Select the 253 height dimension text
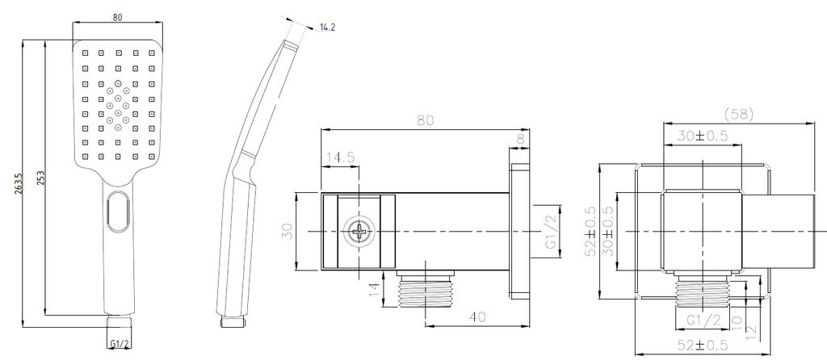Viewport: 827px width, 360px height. [41, 178]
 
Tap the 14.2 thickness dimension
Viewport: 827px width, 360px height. [328, 27]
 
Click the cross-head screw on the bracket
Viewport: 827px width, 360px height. [359, 232]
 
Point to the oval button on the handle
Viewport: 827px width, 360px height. [118, 212]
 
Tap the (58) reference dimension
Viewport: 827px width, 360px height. [739, 115]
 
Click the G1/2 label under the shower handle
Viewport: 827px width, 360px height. [120, 345]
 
